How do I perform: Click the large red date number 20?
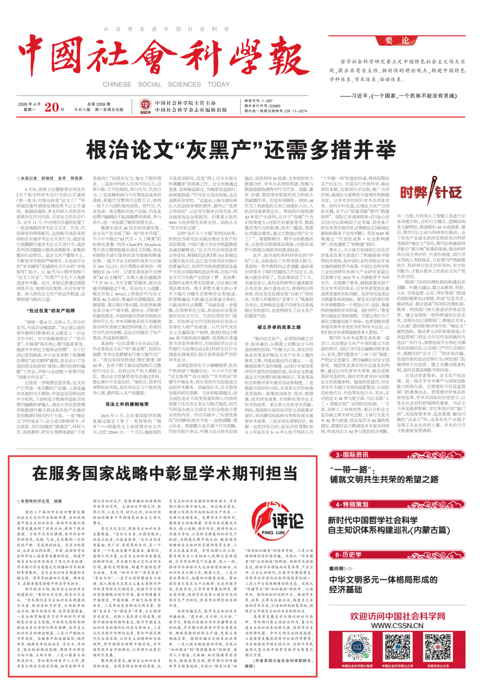coord(52,107)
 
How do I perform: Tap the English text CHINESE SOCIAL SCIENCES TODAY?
coord(166,84)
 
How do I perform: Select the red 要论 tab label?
coord(397,41)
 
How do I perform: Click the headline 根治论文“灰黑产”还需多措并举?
coord(241,149)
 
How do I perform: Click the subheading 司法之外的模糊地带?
coord(127,404)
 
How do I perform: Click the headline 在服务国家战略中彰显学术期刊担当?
coord(165,473)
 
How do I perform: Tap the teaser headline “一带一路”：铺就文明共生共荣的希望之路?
coord(384,475)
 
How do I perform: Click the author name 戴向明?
coord(337,569)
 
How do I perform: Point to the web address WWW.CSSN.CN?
coord(397,626)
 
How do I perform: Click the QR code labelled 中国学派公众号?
coord(438,648)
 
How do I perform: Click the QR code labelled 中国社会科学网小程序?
coord(357,648)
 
